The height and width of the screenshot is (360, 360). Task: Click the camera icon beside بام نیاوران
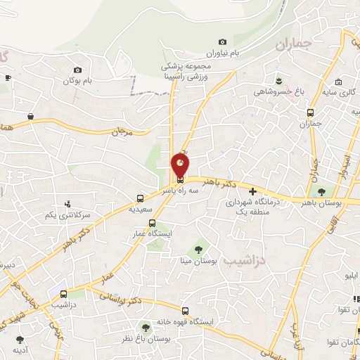pyautogui.click(x=223, y=42)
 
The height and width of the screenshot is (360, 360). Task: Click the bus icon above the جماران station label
pyautogui.click(x=310, y=112)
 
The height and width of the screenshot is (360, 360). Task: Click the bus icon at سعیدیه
pyautogui.click(x=141, y=198)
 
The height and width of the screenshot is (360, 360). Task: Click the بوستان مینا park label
pyautogui.click(x=198, y=261)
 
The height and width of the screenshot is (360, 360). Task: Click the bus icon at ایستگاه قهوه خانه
pyautogui.click(x=186, y=310)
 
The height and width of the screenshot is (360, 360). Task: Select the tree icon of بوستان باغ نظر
pyautogui.click(x=146, y=328)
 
